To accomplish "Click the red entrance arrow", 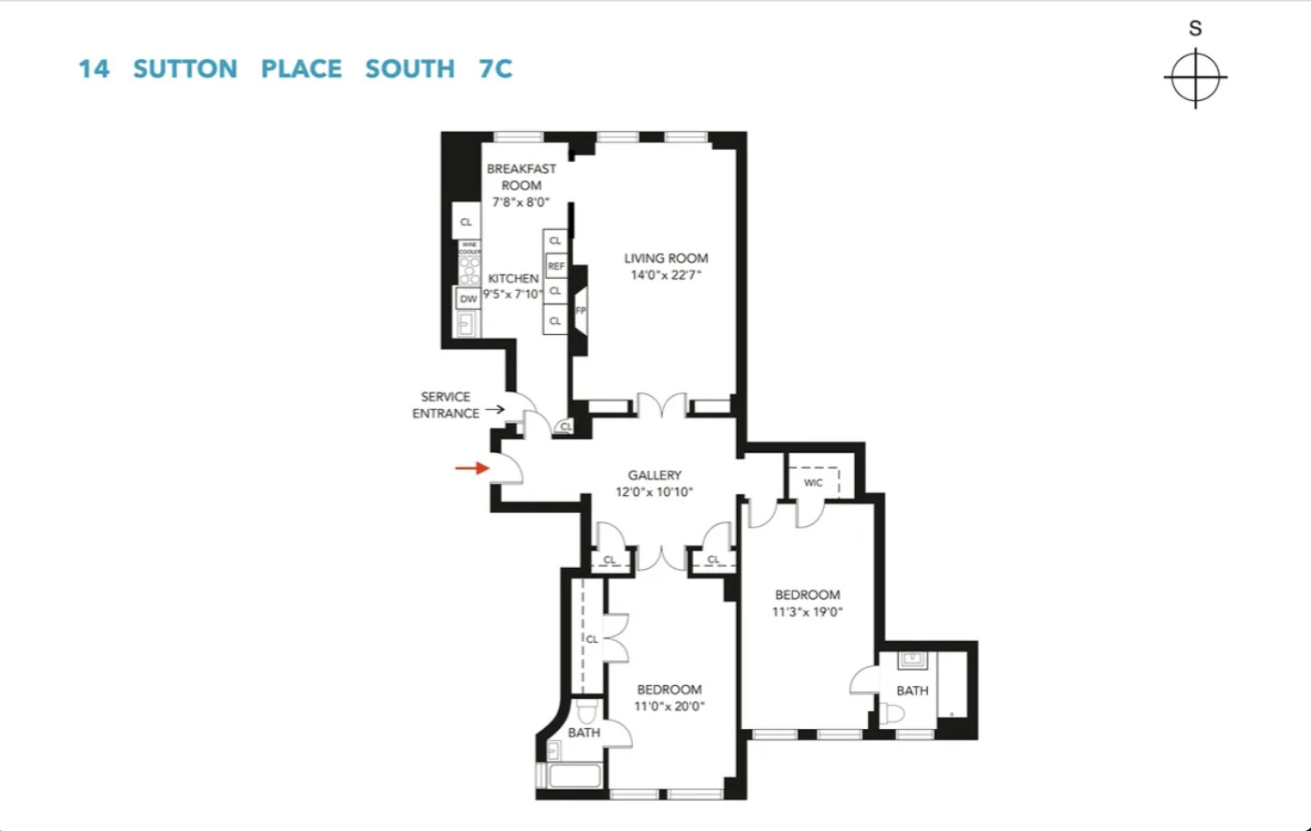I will pyautogui.click(x=472, y=468).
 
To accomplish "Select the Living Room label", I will pyautogui.click(x=666, y=258).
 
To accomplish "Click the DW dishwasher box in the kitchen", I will pyautogui.click(x=468, y=299).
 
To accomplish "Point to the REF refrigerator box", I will pyautogui.click(x=556, y=267).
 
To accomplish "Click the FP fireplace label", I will pyautogui.click(x=581, y=311).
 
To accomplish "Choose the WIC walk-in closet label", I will pyautogui.click(x=813, y=483).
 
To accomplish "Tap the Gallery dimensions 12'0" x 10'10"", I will pyautogui.click(x=654, y=492).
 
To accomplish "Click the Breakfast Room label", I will pyautogui.click(x=521, y=177).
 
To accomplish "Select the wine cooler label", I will pyautogui.click(x=468, y=248).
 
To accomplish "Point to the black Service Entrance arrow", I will pyautogui.click(x=494, y=409).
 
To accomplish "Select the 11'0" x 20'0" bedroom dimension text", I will pyautogui.click(x=669, y=707).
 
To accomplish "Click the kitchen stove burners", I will pyautogui.click(x=468, y=270).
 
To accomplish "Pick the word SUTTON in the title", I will pyautogui.click(x=185, y=69).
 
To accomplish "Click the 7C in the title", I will pyautogui.click(x=489, y=69).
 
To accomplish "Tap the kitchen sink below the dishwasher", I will pyautogui.click(x=466, y=324).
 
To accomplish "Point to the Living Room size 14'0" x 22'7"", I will pyautogui.click(x=666, y=275).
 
